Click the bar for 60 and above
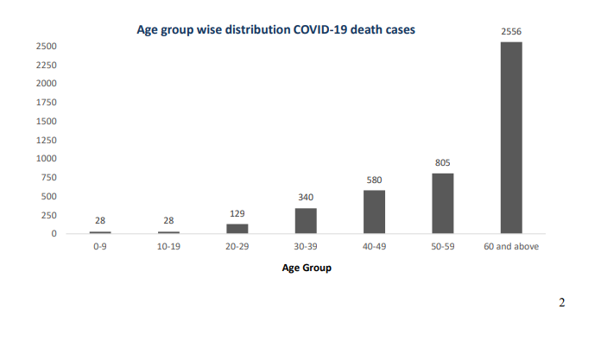point(511,137)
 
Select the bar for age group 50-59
point(443,203)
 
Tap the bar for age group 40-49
point(375,212)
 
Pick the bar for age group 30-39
point(306,220)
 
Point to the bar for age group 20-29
point(237,229)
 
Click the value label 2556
point(511,31)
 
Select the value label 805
point(443,162)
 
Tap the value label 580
point(375,180)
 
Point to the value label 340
point(306,197)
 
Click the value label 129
point(237,213)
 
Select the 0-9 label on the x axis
point(100,246)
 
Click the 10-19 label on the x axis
point(169,246)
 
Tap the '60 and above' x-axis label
point(511,246)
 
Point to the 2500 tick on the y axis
point(47,46)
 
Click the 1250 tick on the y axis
point(47,140)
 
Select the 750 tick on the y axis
point(49,177)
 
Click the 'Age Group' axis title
point(307,268)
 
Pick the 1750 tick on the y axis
point(47,102)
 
